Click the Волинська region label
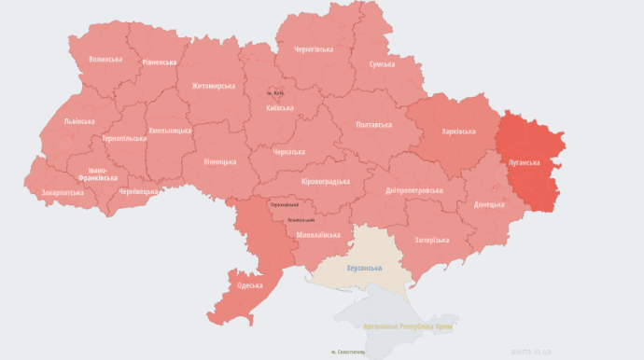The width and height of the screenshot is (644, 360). (x=105, y=59)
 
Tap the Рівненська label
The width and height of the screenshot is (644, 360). (x=160, y=62)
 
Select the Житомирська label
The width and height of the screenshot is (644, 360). (x=214, y=86)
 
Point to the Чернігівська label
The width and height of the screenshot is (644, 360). (x=314, y=48)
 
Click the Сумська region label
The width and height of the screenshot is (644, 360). (x=382, y=64)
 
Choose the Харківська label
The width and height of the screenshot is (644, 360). (x=458, y=132)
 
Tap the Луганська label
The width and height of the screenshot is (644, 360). (x=524, y=162)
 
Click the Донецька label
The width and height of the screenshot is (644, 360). (x=489, y=204)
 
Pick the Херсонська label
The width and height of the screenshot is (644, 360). (x=364, y=269)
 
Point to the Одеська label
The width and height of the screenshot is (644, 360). (x=249, y=285)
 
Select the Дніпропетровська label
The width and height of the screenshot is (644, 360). (x=413, y=190)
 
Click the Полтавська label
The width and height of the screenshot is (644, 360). (x=374, y=125)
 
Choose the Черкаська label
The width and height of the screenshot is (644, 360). (x=288, y=152)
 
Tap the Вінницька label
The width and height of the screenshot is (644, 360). (x=219, y=162)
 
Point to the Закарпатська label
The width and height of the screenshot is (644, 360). (x=63, y=193)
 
